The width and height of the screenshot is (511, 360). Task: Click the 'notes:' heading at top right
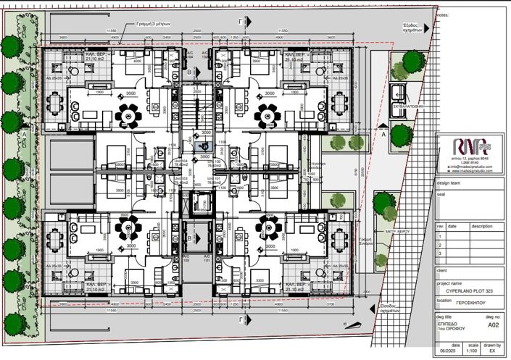pos(443,14)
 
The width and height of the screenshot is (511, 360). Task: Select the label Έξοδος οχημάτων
pos(413,28)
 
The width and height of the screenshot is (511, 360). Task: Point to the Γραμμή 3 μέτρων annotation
pos(153,22)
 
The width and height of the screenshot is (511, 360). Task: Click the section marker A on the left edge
pos(23,135)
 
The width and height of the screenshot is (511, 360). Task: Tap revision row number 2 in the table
pos(439,244)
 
